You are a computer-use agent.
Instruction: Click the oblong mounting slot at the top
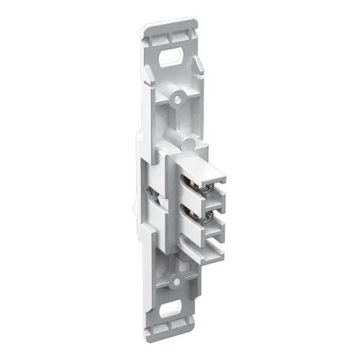coord(171,57)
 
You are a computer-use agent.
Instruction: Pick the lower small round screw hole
coord(176,281)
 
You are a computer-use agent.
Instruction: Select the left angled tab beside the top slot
coord(148,77)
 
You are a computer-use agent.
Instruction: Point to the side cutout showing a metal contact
coord(151,194)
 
